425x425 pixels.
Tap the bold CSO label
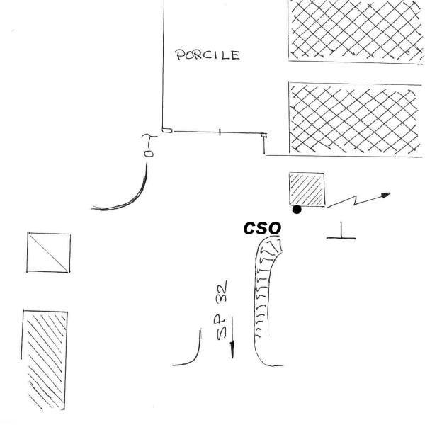pyautogui.click(x=262, y=228)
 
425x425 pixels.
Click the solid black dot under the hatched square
pyautogui.click(x=297, y=209)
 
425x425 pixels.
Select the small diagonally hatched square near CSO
pyautogui.click(x=307, y=191)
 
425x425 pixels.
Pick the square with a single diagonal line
pyautogui.click(x=49, y=253)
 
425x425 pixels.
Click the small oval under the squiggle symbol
pyautogui.click(x=149, y=152)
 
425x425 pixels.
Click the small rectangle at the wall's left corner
pyautogui.click(x=166, y=130)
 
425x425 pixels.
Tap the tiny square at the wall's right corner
pyautogui.click(x=263, y=134)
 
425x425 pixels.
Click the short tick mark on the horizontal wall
pyautogui.click(x=219, y=131)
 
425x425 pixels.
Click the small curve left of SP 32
pyautogui.click(x=190, y=353)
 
